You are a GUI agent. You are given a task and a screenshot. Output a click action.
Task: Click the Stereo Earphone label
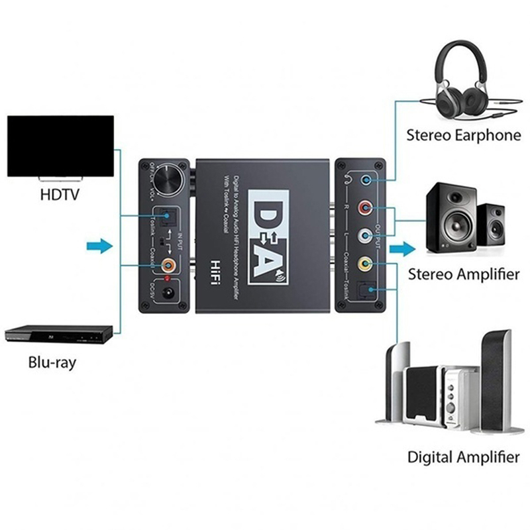[464, 136]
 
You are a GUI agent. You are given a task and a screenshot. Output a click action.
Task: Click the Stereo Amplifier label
[464, 274]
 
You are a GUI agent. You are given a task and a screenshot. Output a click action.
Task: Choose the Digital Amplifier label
[463, 456]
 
